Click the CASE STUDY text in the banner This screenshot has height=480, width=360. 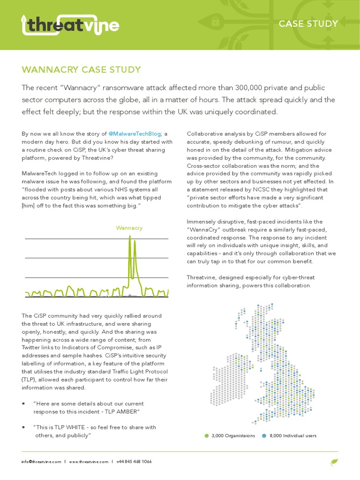pyautogui.click(x=308, y=24)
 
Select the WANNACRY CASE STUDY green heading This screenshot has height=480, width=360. pyautogui.click(x=81, y=70)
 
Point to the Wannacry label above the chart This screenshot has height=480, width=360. pyautogui.click(x=129, y=228)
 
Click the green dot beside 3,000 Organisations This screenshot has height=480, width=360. pyautogui.click(x=207, y=435)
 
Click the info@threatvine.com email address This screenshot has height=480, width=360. pyautogui.click(x=41, y=462)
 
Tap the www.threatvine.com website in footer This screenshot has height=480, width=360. pyautogui.click(x=89, y=462)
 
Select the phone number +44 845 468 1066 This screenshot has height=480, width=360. pyautogui.click(x=133, y=462)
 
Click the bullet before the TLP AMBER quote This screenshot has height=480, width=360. pyautogui.click(x=23, y=404)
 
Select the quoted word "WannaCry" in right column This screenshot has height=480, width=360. pyautogui.click(x=205, y=229)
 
